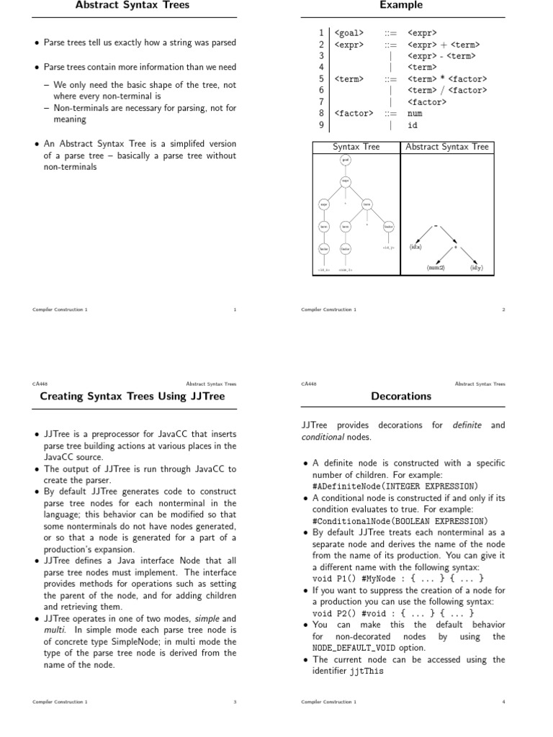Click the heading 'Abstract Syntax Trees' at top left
click(132, 6)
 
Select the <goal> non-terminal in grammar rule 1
click(350, 32)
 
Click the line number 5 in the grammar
click(320, 78)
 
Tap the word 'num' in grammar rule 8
click(415, 113)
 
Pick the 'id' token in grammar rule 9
click(413, 125)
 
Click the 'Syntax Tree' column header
click(356, 147)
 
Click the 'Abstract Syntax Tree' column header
click(447, 147)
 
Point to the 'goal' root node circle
click(346, 160)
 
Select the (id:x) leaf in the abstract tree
click(415, 247)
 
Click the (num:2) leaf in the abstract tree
click(436, 268)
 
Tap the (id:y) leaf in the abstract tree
click(477, 268)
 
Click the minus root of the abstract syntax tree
click(436, 226)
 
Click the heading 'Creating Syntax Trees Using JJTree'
click(132, 396)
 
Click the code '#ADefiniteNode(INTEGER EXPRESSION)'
click(395, 486)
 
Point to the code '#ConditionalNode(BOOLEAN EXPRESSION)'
click(400, 520)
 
